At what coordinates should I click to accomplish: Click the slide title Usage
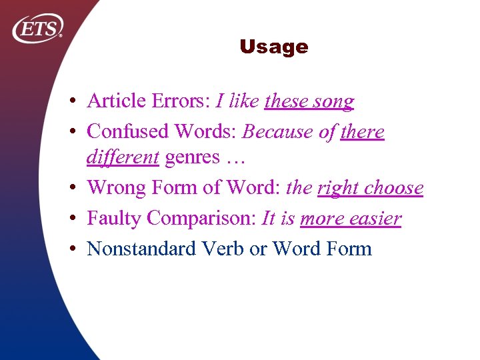point(273,47)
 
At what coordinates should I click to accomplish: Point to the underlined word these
point(285,101)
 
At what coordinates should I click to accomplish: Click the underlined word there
point(362,131)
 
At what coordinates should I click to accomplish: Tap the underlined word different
point(123,157)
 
